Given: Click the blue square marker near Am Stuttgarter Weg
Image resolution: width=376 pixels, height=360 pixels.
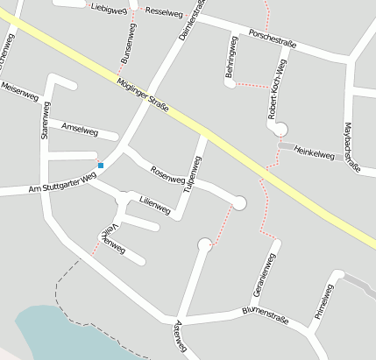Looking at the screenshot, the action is [101, 165].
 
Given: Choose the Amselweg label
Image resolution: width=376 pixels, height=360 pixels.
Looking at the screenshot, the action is [81, 129].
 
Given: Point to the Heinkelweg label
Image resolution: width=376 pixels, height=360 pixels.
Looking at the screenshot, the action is [315, 156].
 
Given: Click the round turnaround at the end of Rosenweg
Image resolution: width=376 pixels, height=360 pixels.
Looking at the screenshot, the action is [239, 203].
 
